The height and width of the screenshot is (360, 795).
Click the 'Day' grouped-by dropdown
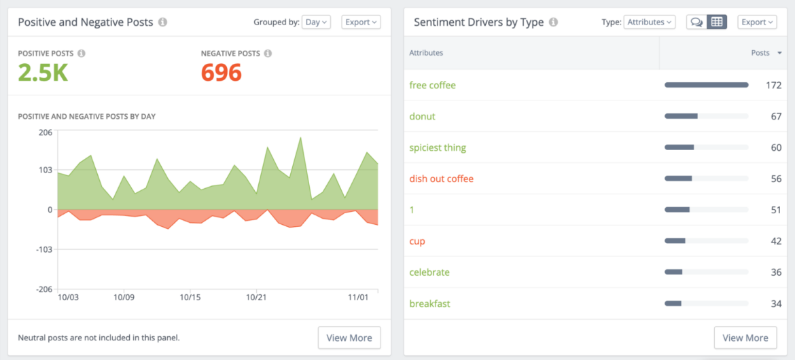click(316, 22)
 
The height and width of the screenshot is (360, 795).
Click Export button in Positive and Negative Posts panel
click(361, 22)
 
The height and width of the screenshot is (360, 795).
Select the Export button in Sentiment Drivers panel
click(757, 22)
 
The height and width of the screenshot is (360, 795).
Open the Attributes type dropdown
click(649, 22)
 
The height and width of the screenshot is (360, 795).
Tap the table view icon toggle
click(716, 22)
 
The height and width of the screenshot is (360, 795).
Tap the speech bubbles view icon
click(696, 22)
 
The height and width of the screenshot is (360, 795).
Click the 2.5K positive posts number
click(43, 72)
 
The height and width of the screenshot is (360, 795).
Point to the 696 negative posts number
click(222, 72)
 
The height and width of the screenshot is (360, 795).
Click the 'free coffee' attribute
click(432, 86)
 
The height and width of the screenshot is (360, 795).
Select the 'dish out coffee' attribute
click(441, 179)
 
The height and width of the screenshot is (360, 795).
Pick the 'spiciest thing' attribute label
click(438, 148)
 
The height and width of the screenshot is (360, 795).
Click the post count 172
click(773, 86)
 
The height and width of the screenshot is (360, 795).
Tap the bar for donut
click(682, 117)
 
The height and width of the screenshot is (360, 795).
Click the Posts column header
click(761, 53)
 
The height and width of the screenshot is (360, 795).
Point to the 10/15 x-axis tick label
click(190, 298)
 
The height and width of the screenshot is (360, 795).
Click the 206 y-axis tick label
click(45, 132)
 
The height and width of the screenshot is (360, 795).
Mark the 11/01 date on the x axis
click(358, 298)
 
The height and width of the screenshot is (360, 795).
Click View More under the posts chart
click(349, 338)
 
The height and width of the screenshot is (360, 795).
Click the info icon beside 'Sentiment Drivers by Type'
click(553, 22)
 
